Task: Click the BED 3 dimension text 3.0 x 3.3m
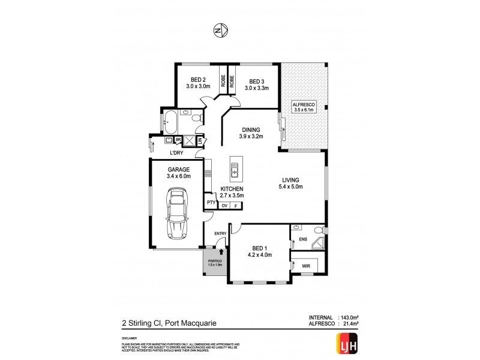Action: point(256,88)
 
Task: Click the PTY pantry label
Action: point(211,203)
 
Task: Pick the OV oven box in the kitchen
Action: point(224,206)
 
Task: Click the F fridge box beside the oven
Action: point(236,206)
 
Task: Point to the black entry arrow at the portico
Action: point(221,254)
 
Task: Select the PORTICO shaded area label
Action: point(214,263)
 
